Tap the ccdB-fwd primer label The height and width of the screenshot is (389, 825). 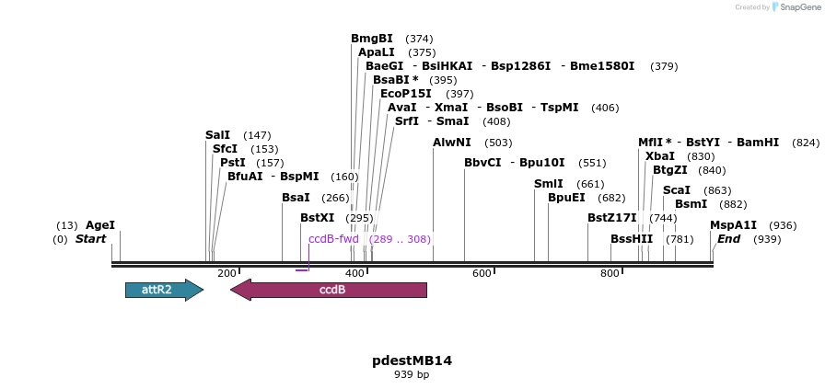pos(333,239)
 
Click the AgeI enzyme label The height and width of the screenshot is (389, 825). pos(100,225)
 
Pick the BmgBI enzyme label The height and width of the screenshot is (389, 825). pos(372,39)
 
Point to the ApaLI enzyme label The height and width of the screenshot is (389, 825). pos(378,52)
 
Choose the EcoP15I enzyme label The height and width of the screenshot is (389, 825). pos(406,94)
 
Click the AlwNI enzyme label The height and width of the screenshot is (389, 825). pos(452,143)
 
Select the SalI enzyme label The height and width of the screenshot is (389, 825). pos(218,135)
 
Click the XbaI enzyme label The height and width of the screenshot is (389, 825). pos(660,156)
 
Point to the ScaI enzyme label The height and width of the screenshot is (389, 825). pos(677,190)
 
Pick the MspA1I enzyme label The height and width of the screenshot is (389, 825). pos(733,225)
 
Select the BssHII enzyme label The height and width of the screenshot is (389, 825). pos(632,239)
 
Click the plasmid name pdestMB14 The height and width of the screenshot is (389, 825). pos(412,360)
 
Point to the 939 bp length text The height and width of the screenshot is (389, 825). pos(412,374)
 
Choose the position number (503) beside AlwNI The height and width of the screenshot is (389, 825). pos(498,143)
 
